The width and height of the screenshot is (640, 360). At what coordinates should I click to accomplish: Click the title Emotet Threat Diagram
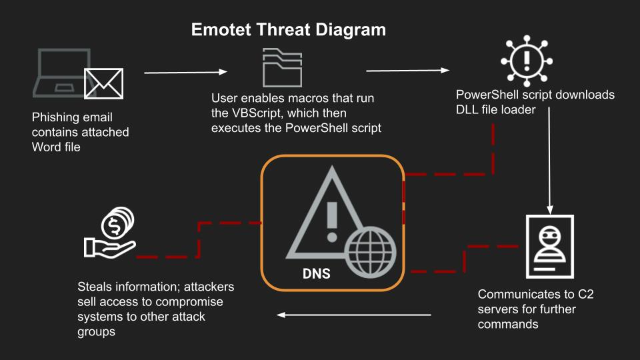tap(289, 30)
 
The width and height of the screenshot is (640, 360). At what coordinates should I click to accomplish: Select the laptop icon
tap(63, 73)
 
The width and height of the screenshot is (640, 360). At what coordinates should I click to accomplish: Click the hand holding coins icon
tap(111, 233)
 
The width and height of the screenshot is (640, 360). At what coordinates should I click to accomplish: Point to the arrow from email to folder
tap(186, 72)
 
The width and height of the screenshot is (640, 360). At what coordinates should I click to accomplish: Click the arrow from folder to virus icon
tap(407, 69)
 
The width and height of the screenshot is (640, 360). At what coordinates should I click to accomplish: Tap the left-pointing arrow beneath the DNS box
tap(353, 315)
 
